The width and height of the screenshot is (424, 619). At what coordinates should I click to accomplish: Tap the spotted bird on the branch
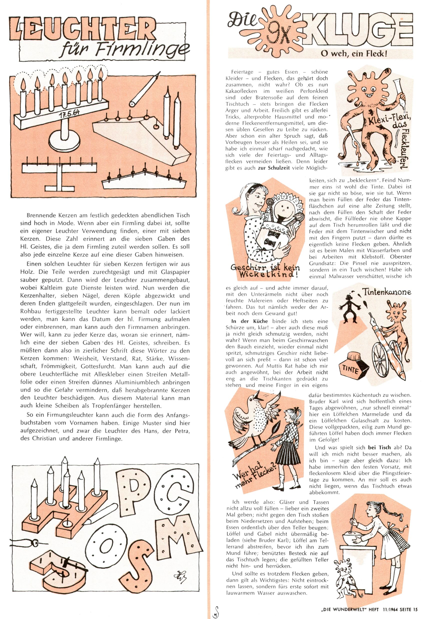[253, 418]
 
